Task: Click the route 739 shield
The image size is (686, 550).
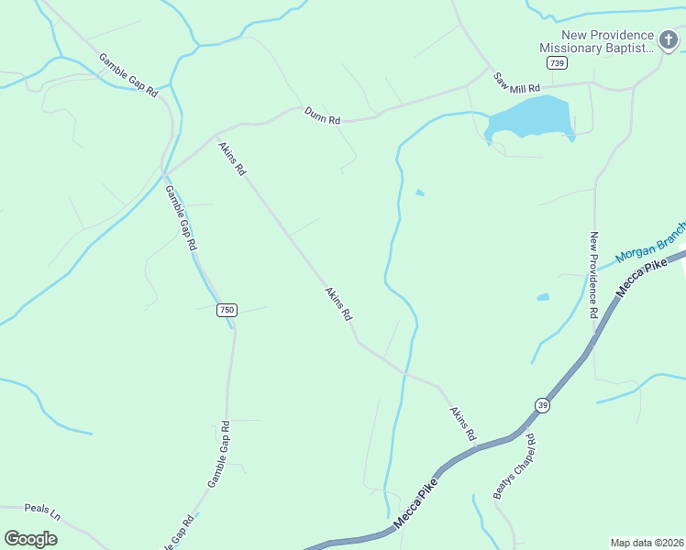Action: (556, 62)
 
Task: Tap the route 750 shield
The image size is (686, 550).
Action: (227, 310)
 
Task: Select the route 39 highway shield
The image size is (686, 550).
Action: (543, 405)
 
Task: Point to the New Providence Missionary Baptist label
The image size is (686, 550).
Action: (596, 42)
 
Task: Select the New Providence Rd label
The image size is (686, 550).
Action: (594, 274)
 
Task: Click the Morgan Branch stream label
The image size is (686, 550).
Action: (650, 243)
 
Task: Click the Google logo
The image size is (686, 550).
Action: (30, 538)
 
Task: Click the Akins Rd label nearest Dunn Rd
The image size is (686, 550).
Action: (231, 158)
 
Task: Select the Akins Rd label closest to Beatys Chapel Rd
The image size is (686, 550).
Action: (463, 423)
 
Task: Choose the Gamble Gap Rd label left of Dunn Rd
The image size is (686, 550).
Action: (128, 75)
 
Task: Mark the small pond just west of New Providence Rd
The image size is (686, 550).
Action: (542, 297)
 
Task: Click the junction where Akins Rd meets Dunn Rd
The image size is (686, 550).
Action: (216, 135)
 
